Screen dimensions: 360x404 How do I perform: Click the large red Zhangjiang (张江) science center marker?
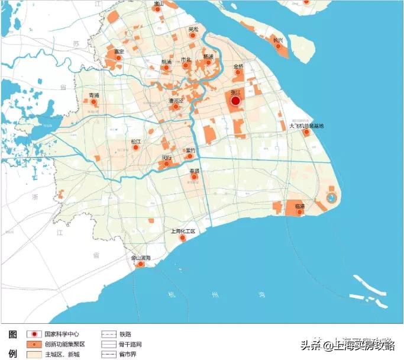click(235, 101)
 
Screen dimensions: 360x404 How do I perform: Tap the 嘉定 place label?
click(119, 52)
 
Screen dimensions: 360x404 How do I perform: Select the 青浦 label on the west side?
click(93, 95)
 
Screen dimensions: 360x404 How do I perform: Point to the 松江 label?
click(136, 142)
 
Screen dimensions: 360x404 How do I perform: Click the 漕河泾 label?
click(176, 101)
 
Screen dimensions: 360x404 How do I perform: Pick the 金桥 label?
click(238, 66)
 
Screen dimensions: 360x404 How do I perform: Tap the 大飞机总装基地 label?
click(306, 126)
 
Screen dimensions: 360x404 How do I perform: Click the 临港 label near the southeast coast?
click(299, 205)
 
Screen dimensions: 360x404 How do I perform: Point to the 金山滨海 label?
click(141, 258)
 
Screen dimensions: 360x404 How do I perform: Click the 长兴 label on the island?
click(277, 39)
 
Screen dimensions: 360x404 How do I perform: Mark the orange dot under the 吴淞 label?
click(192, 36)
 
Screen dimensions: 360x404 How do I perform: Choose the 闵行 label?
click(167, 157)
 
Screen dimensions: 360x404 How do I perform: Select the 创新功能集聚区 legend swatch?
click(34, 344)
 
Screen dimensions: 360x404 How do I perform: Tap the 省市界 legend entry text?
click(127, 354)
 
